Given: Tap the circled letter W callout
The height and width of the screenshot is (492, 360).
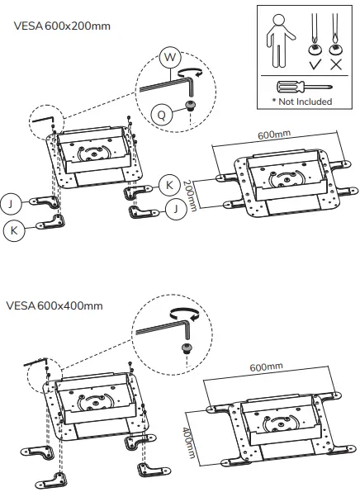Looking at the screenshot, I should tap(170, 57).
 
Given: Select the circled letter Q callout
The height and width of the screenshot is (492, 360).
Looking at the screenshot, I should tap(162, 116).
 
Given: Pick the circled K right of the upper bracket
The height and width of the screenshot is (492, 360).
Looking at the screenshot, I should tap(168, 184).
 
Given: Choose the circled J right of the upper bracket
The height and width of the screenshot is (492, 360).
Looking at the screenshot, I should tap(175, 210).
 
